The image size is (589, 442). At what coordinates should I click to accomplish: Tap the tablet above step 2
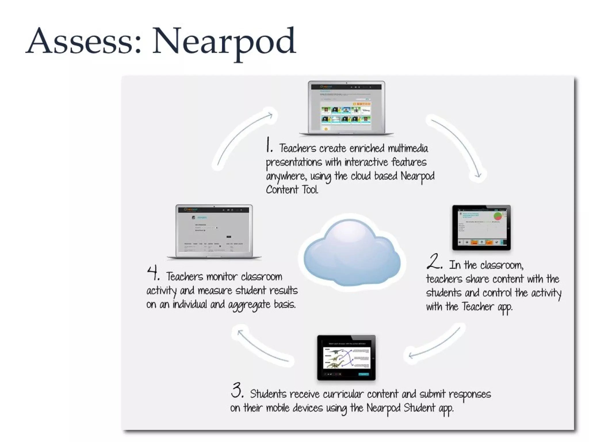[481, 227]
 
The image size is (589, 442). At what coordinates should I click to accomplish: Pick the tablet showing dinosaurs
[346, 358]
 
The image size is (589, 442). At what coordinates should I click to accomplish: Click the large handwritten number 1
[269, 145]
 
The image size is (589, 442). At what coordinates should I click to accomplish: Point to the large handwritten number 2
[434, 261]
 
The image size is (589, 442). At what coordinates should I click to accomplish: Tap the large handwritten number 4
[153, 273]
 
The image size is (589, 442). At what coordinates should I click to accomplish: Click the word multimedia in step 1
[408, 148]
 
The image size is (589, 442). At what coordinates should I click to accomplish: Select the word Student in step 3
[419, 408]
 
